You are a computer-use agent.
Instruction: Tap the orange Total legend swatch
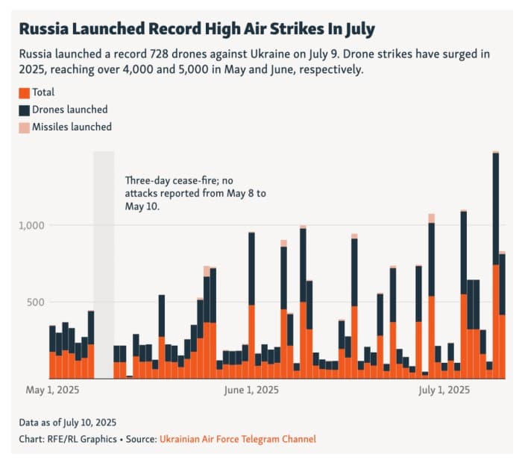25,93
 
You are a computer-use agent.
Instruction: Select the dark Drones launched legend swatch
25,110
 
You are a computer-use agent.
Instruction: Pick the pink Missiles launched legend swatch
25,127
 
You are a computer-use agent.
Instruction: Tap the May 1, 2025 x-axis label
52,390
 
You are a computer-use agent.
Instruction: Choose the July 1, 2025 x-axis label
444,390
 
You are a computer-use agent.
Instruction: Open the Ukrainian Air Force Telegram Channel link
237,439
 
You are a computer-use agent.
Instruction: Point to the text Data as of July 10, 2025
68,423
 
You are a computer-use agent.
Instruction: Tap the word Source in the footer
139,439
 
